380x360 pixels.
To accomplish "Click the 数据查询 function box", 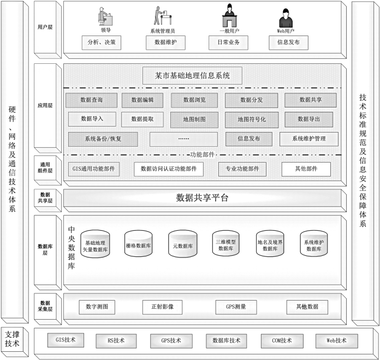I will (91, 100).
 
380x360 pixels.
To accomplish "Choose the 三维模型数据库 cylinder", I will (225, 243).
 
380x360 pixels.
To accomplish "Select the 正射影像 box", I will (162, 307).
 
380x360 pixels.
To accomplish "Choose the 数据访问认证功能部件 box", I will (169, 169).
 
